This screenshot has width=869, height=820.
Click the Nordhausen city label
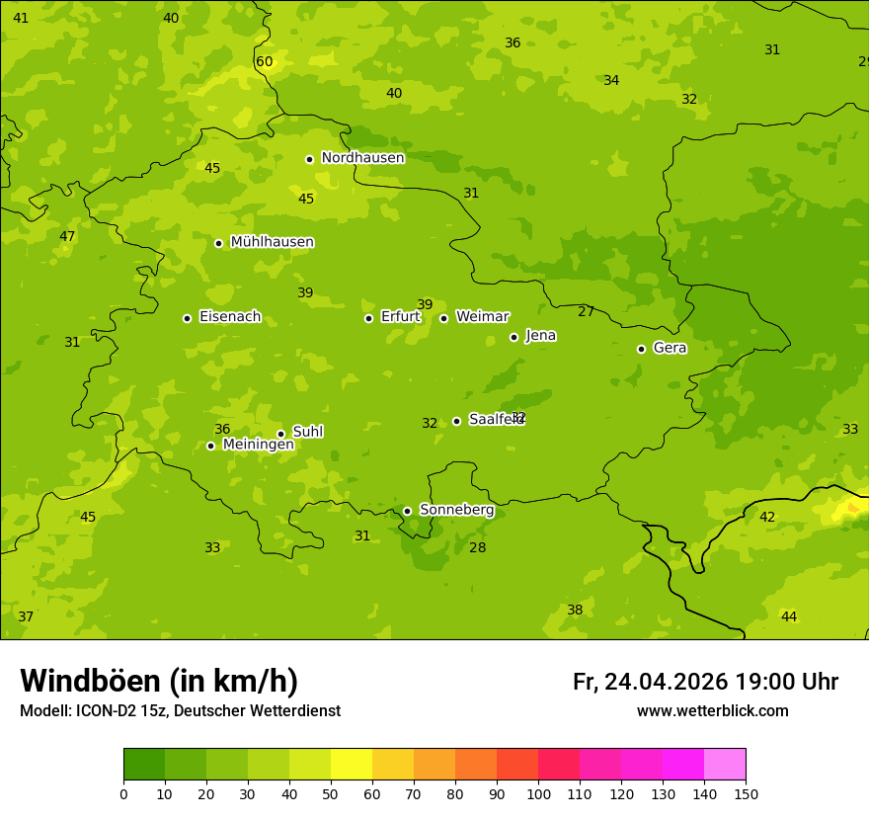point(362,158)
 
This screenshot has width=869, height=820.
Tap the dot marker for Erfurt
point(368,318)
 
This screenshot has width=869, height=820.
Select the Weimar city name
point(482,317)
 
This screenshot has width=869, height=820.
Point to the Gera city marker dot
point(641,349)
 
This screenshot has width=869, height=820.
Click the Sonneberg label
point(456,510)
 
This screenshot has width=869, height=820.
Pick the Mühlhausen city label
point(272,242)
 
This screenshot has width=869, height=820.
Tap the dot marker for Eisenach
point(187,318)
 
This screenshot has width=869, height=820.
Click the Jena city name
point(540,336)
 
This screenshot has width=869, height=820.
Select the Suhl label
point(307,432)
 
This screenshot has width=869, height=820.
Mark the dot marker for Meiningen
point(210,446)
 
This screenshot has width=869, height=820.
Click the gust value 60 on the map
point(264,62)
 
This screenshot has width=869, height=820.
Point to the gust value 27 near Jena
point(586,312)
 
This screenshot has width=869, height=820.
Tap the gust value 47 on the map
point(67,237)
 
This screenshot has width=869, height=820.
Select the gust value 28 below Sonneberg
point(477,548)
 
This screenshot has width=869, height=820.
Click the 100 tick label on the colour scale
point(538,793)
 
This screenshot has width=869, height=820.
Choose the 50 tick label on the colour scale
point(331,793)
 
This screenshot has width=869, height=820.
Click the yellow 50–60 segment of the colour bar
point(352,765)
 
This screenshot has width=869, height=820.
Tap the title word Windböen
point(90,681)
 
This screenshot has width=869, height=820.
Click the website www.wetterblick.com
point(712,711)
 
